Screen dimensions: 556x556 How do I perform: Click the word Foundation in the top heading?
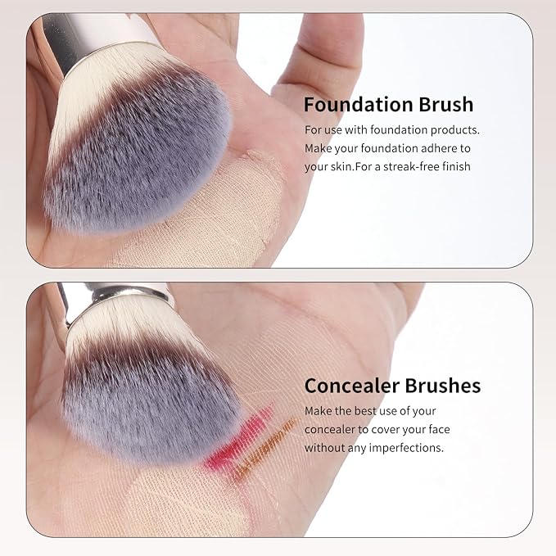click(x=359, y=105)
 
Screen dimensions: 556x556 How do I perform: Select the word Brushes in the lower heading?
click(x=442, y=386)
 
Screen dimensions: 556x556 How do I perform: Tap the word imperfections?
click(x=406, y=448)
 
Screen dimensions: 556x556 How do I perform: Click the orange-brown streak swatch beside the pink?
click(x=265, y=450)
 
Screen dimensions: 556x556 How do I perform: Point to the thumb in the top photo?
click(x=319, y=64)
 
